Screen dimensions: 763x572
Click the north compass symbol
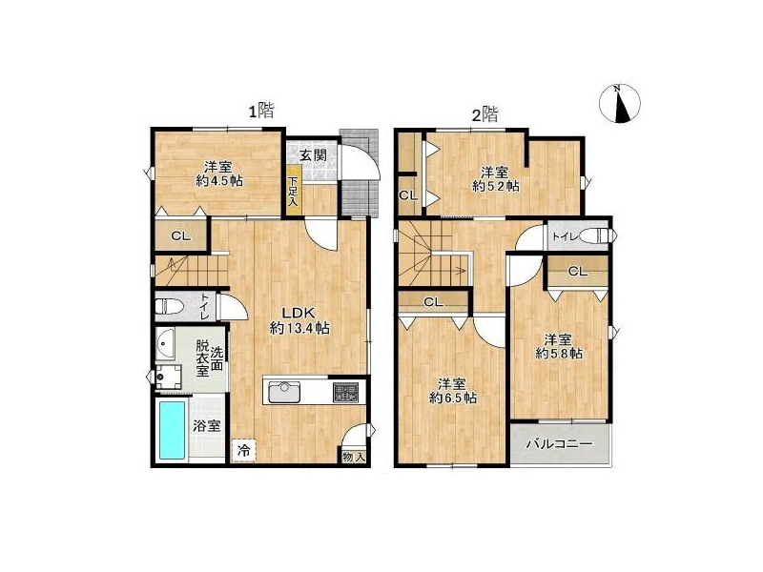point(619,103)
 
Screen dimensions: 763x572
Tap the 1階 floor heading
point(261,112)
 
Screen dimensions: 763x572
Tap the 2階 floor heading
point(485,114)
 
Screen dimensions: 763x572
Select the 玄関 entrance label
point(313,155)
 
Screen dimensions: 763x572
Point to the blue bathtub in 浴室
point(173,430)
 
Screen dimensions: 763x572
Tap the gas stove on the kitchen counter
point(345,392)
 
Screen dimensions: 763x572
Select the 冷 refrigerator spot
point(244,450)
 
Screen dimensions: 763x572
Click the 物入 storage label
point(353,458)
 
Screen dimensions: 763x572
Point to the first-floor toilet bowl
point(169,307)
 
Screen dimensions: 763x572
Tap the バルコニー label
point(560,444)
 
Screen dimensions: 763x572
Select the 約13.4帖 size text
point(299,329)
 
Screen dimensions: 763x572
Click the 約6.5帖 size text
point(452,398)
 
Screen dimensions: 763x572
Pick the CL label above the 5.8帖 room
point(578,272)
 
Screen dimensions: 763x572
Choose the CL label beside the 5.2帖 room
point(408,195)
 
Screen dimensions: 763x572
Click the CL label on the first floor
point(180,236)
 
